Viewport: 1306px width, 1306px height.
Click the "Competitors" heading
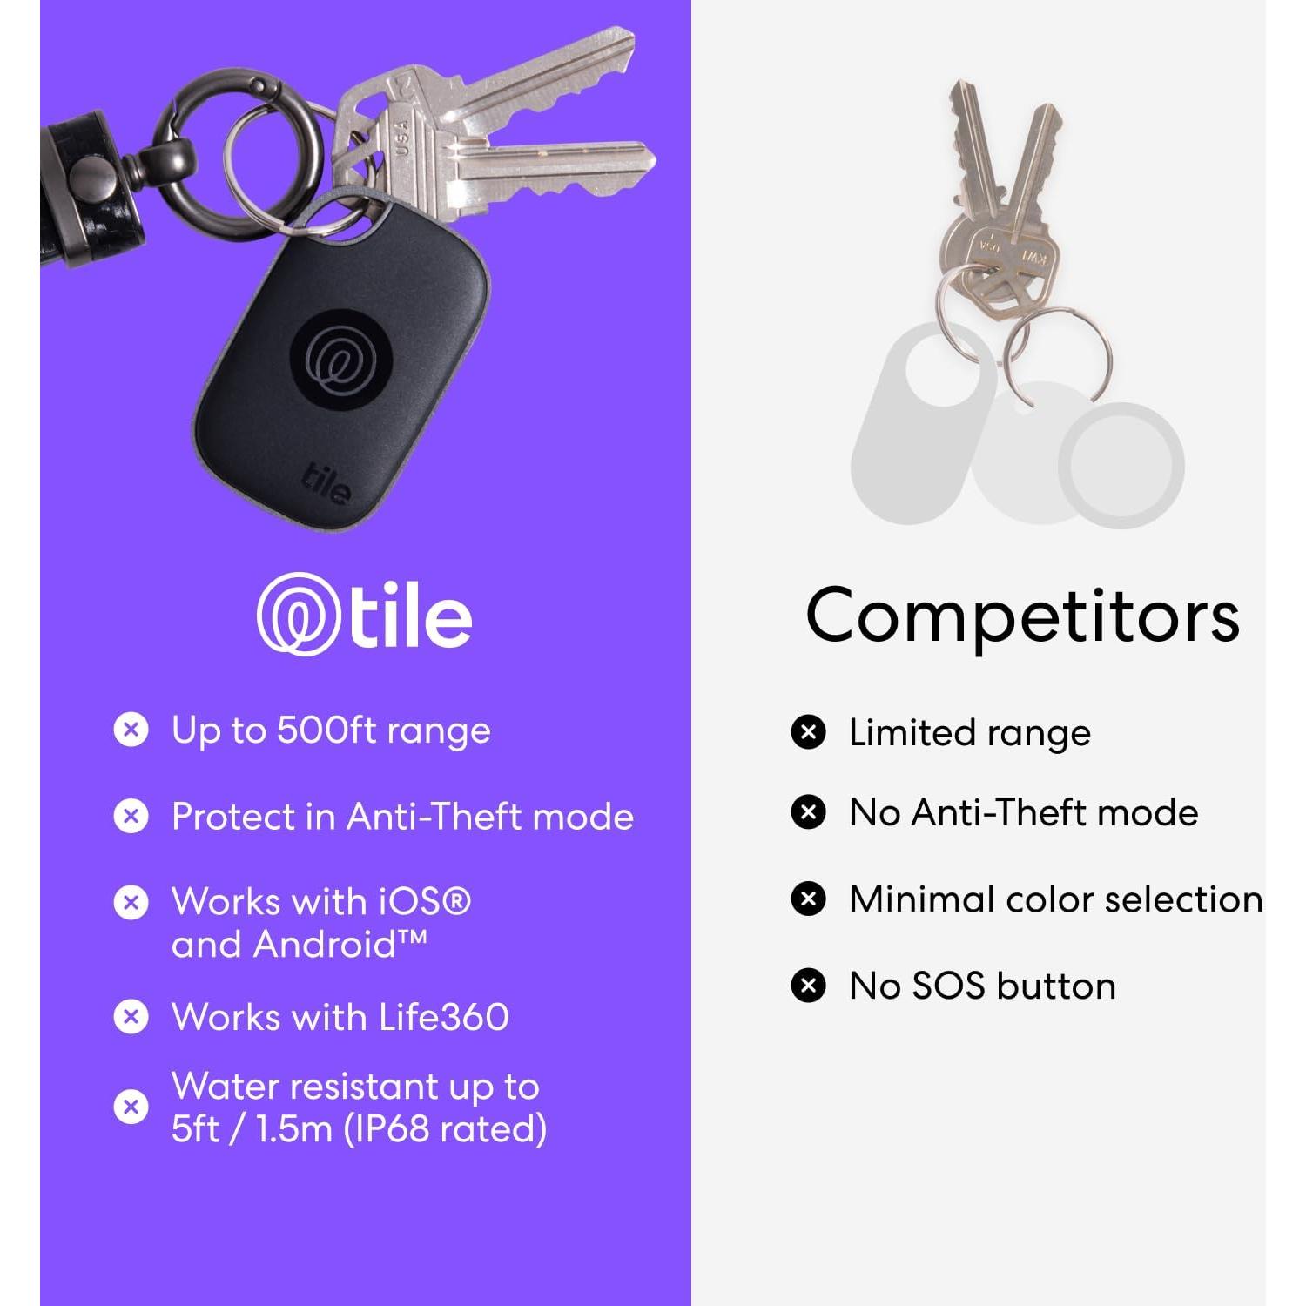[x=1022, y=616]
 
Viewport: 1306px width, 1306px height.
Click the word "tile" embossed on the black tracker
[x=327, y=482]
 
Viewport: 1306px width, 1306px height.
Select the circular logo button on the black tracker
[x=338, y=356]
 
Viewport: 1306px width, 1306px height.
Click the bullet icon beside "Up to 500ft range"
[x=131, y=730]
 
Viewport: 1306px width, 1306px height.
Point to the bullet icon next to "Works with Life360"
[x=131, y=1016]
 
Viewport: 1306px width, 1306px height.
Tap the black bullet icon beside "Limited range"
[x=808, y=732]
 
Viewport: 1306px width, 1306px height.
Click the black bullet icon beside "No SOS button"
[x=808, y=986]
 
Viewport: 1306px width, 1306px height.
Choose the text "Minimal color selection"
[x=1055, y=899]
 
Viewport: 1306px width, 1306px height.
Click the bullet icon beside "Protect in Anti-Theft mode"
[x=131, y=816]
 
